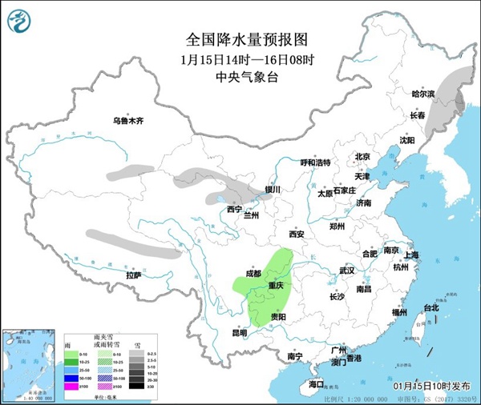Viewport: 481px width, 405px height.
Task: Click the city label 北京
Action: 363,157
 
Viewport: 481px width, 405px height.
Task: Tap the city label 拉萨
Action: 133,275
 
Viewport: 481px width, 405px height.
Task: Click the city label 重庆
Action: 277,286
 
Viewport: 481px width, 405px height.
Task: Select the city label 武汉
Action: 346,271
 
